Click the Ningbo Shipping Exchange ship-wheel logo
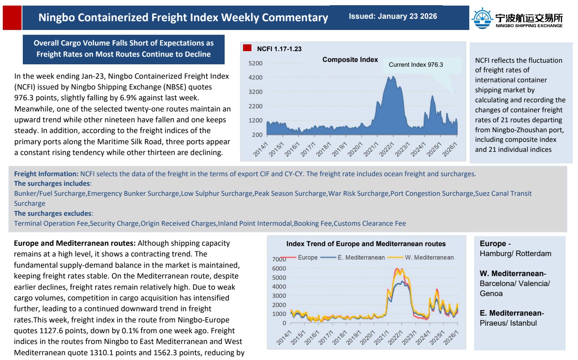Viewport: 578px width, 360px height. click(482, 18)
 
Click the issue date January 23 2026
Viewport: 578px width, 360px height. click(393, 16)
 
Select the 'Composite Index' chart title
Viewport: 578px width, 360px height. click(350, 60)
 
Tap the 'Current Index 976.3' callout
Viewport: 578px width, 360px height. click(416, 65)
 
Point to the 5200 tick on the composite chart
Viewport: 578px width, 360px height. click(255, 64)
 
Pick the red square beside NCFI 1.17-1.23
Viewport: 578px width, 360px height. click(247, 48)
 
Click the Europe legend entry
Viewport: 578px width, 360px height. click(307, 258)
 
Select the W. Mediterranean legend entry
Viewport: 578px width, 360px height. click(429, 258)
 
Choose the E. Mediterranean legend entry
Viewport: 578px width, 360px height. click(361, 258)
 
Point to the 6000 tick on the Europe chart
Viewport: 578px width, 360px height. click(279, 269)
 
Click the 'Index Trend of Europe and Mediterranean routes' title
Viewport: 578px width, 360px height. click(366, 244)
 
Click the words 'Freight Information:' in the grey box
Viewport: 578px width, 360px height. click(46, 174)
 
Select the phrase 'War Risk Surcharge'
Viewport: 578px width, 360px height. click(358, 193)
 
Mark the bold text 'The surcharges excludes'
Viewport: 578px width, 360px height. click(53, 213)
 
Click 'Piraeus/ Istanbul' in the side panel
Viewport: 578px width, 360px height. click(508, 323)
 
